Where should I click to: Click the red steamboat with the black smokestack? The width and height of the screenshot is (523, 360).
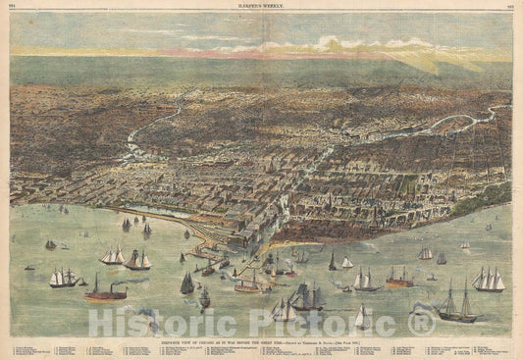coord(104,291)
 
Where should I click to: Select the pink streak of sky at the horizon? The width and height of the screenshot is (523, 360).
coord(245,53)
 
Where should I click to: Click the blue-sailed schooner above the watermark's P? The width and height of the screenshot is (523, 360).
coord(285,308)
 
